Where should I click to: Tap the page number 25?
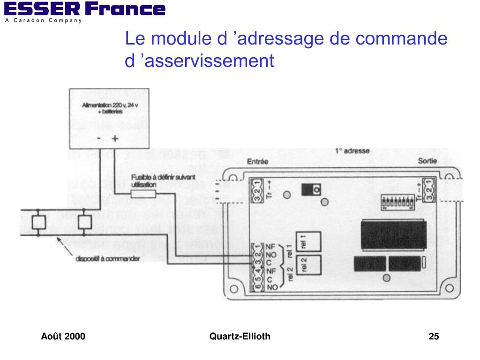tap(434, 336)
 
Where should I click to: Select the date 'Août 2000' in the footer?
tap(63, 336)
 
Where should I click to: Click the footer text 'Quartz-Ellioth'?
tap(240, 336)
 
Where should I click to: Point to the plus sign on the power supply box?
tap(115, 139)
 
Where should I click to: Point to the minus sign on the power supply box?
tap(99, 139)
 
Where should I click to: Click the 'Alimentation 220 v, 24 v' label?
tap(110, 106)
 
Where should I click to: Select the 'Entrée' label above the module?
tap(257, 162)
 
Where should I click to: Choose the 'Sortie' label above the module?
tap(427, 161)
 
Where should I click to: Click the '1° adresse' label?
tap(352, 151)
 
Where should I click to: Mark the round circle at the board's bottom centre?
tap(386, 278)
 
